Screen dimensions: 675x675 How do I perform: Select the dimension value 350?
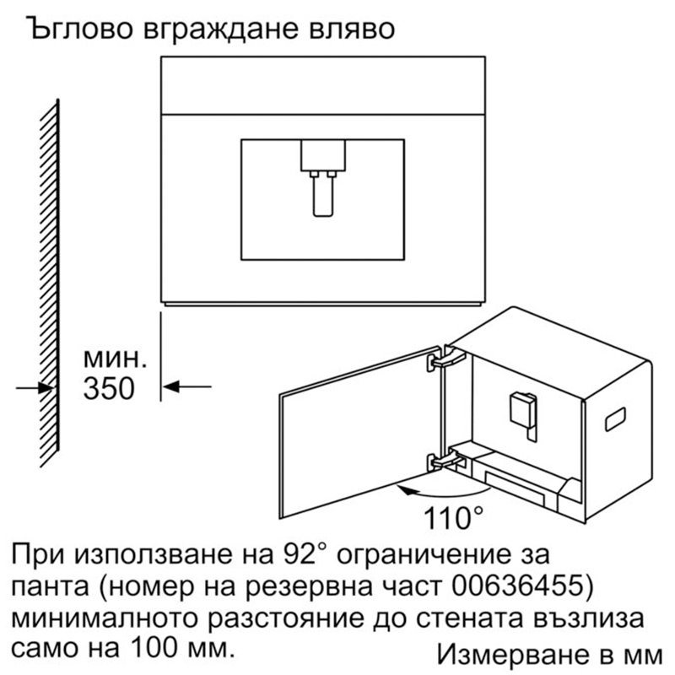click(109, 388)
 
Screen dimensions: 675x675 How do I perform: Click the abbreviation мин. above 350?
click(115, 359)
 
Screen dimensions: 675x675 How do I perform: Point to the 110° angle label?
click(453, 518)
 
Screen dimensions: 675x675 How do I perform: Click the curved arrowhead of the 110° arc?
click(405, 489)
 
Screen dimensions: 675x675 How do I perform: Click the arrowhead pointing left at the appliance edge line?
click(171, 386)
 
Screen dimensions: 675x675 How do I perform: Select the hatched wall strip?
click(50, 283)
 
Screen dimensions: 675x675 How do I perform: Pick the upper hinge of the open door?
click(445, 358)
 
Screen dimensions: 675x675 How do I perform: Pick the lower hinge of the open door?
click(445, 460)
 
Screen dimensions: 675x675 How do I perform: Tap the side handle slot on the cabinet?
click(615, 418)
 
